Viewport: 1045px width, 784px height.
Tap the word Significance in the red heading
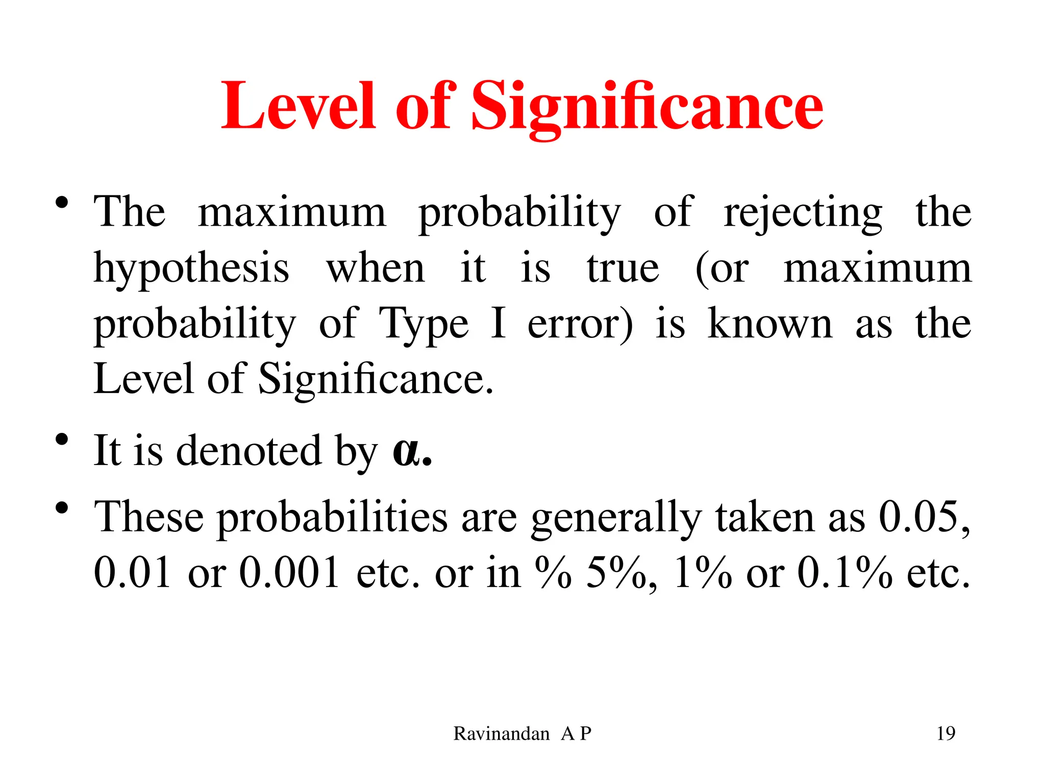[x=646, y=107]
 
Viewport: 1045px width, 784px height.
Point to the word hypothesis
[x=191, y=269]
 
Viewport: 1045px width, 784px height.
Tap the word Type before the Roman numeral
[x=423, y=325]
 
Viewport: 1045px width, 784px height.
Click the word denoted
[x=249, y=450]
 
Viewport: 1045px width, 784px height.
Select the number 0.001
[x=289, y=572]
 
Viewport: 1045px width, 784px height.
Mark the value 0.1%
[x=844, y=572]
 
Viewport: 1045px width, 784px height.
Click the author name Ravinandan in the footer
[x=501, y=733]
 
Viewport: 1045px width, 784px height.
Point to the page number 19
[x=946, y=733]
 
